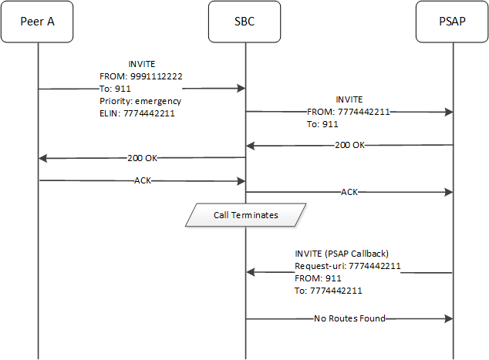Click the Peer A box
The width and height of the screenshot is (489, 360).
(37, 22)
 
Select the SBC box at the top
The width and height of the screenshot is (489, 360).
(244, 22)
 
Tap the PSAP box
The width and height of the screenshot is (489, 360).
(453, 22)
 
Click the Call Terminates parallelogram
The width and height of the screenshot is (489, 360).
(244, 214)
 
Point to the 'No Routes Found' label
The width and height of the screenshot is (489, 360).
(349, 318)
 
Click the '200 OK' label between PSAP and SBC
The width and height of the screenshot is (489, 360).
(349, 145)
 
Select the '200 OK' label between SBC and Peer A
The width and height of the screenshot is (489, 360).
(142, 158)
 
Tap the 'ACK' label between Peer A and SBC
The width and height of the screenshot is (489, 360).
(142, 181)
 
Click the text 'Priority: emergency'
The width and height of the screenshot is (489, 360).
(140, 101)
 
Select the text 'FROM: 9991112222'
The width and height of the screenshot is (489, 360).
(141, 76)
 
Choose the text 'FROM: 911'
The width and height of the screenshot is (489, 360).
(315, 278)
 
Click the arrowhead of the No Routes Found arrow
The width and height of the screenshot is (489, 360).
(447, 318)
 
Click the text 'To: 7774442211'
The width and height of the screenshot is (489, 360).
(329, 291)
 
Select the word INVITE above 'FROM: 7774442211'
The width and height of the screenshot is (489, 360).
(349, 99)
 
